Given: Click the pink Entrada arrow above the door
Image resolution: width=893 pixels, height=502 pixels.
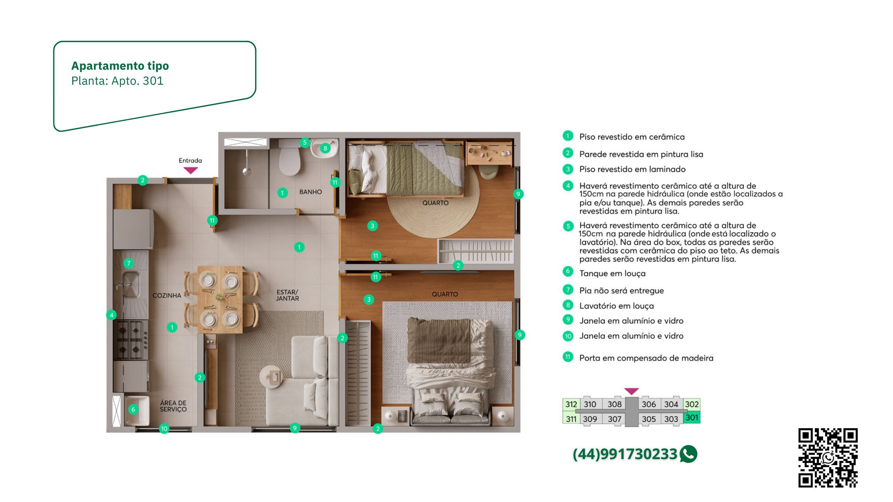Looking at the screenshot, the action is (x=191, y=170).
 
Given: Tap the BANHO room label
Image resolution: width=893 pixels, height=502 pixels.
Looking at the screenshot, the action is (x=310, y=192).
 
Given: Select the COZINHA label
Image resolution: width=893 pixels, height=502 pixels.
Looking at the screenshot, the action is (x=167, y=296).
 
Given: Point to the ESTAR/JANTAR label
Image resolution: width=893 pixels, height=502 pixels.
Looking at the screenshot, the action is (x=287, y=295).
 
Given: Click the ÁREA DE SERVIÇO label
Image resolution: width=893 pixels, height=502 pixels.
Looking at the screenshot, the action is (x=173, y=406).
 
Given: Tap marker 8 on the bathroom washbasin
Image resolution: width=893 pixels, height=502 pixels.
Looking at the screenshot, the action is (x=325, y=148).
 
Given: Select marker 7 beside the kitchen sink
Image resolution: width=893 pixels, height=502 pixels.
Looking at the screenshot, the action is (x=129, y=263).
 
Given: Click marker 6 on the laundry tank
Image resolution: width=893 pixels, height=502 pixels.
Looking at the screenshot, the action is (x=133, y=410).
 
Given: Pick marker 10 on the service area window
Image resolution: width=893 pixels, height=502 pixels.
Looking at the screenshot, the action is (x=164, y=429).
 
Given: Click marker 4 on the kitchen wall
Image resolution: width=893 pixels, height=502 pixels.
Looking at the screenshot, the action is (x=112, y=315).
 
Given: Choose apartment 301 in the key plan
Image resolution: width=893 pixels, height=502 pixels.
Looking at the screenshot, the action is (x=692, y=418).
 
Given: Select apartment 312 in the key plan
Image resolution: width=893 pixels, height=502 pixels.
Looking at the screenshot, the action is (x=571, y=404).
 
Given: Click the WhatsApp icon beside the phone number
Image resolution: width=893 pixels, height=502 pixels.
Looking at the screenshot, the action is (x=688, y=454).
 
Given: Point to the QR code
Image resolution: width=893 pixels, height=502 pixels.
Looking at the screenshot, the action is (x=828, y=458).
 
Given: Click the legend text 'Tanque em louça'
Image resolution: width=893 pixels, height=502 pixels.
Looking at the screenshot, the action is (x=612, y=274).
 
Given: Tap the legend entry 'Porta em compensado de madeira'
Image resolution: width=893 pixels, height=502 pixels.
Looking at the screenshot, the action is (x=646, y=358).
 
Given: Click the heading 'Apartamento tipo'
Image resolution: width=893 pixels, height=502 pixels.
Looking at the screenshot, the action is (x=120, y=66).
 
